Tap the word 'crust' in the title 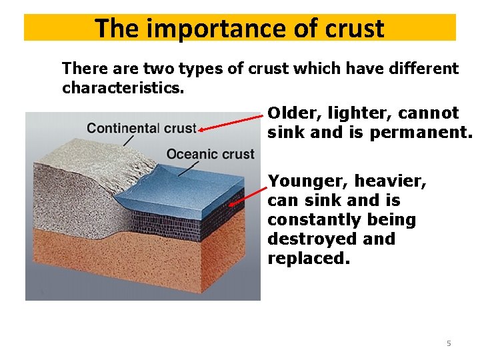(x=352, y=29)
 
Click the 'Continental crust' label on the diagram (x=141, y=128)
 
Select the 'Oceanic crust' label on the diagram (x=211, y=154)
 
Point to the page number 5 (x=449, y=343)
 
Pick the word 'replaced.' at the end (x=308, y=258)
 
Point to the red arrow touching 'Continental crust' (x=230, y=123)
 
